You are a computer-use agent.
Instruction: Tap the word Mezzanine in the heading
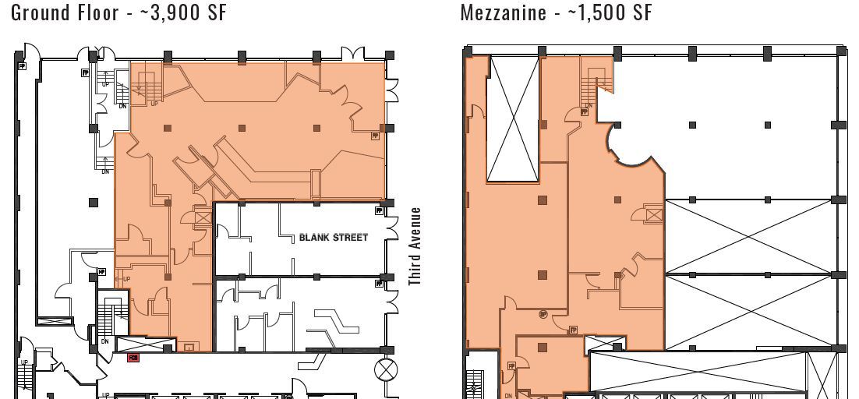coord(503,12)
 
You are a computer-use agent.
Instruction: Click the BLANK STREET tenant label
coord(334,237)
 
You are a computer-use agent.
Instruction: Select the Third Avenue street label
coord(415,246)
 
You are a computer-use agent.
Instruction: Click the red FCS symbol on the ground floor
coord(133,358)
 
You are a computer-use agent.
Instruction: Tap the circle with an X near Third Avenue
coord(385,369)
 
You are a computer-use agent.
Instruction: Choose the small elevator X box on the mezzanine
coord(654,213)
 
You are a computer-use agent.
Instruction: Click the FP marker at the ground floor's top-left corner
coord(21,66)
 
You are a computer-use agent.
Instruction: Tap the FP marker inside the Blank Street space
coord(379,210)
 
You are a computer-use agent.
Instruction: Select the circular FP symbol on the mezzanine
coord(543,314)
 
